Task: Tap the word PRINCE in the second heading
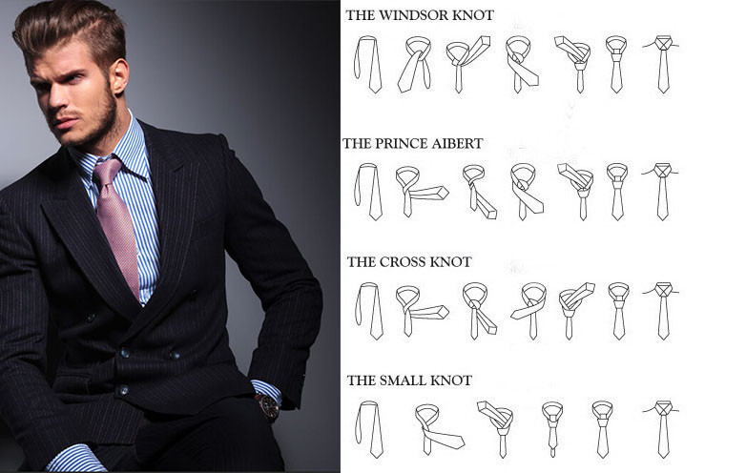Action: click(x=412, y=144)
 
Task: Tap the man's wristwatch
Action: click(x=268, y=406)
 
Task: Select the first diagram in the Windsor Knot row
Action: click(x=366, y=64)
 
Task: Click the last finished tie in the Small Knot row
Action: click(x=662, y=427)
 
